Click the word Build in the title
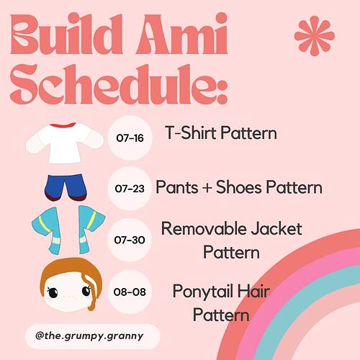coord(67,35)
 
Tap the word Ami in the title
coord(181,34)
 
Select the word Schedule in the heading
coord(113,84)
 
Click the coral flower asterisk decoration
coord(315,36)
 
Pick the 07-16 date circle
coord(130,138)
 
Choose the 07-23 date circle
coord(130,189)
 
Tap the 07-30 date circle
coord(130,240)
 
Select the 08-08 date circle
coord(130,292)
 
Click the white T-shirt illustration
coord(65,143)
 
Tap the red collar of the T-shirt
coord(63,125)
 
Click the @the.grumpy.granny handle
coord(89,336)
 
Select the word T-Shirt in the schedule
coord(192,132)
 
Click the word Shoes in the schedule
coord(238,187)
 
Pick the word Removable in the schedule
coord(204,228)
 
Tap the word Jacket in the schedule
coord(276,228)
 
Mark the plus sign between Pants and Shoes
coord(207,188)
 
